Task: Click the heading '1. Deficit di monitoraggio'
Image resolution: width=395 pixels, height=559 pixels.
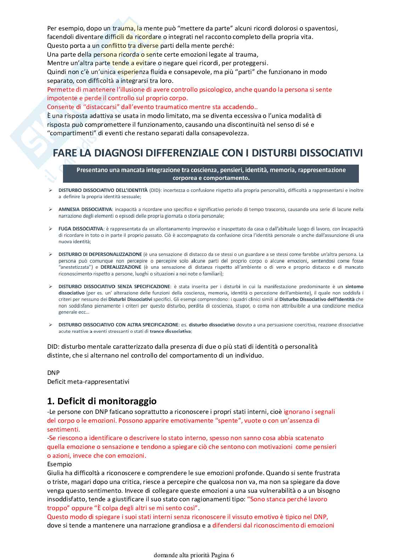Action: [102, 401]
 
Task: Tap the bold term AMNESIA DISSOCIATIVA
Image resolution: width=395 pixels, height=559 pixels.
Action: [85, 210]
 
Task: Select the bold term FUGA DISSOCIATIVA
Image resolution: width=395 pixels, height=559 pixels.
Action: [81, 229]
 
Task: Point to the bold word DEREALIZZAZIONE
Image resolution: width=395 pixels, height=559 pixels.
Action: [121, 267]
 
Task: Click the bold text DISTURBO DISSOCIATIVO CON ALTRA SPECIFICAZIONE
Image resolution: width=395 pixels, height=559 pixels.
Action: [118, 325]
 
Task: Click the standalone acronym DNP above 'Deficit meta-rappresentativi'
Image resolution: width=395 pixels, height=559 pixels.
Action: [53, 373]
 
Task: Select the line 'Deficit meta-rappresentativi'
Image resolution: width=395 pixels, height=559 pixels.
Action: [88, 382]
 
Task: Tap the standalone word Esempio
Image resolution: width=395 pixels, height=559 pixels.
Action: [59, 464]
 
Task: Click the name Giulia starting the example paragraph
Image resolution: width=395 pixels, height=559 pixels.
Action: [55, 473]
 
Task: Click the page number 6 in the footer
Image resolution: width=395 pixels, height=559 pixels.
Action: [232, 555]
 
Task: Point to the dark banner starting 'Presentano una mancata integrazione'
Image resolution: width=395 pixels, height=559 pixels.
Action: [211, 174]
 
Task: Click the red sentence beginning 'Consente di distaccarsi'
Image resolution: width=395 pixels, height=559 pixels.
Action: [152, 107]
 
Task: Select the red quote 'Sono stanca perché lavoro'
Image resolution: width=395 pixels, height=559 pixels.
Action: [287, 499]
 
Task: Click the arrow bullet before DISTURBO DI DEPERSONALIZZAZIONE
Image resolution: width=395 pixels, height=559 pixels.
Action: [51, 255]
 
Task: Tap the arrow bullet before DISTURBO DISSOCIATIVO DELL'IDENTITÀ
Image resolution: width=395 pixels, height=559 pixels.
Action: [51, 190]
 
